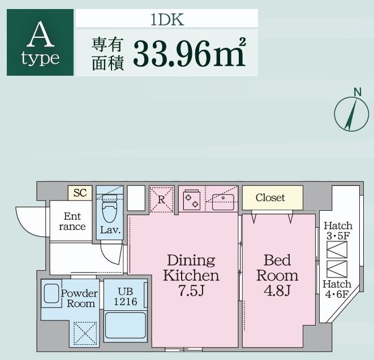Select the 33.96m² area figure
tap(190, 53)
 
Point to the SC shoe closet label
tap(80, 193)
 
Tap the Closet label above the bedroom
tap(270, 198)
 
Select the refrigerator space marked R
tap(161, 199)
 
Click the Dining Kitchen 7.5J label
tap(191, 276)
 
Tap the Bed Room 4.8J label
tap(277, 276)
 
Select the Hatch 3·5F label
tap(338, 231)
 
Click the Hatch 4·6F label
tap(337, 289)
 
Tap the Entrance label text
tap(72, 222)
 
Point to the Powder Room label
tap(79, 298)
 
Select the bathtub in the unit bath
tap(125, 327)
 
